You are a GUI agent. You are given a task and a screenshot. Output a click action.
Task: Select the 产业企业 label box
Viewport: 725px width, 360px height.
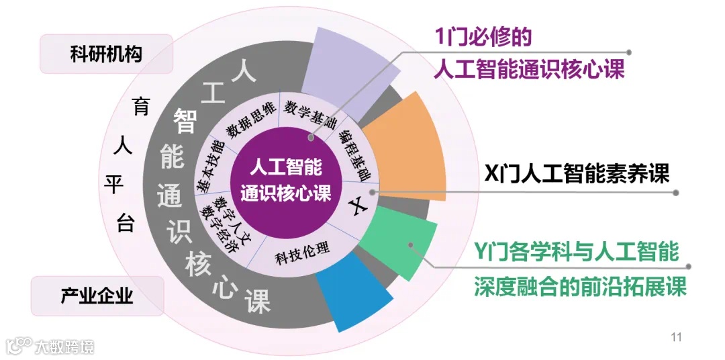(97, 296)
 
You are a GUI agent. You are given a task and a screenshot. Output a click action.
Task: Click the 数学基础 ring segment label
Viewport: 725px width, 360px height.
(309, 114)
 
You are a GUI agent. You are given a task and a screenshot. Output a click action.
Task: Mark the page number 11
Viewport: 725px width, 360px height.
(676, 336)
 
